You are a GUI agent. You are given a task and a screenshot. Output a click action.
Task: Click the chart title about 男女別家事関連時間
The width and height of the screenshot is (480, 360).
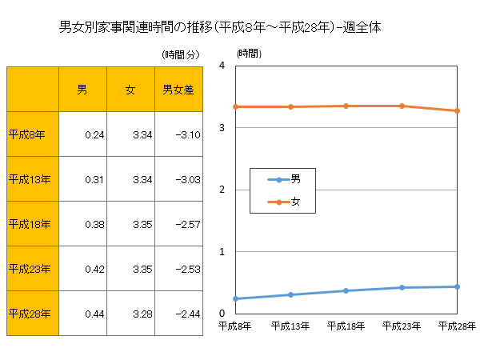(x=219, y=27)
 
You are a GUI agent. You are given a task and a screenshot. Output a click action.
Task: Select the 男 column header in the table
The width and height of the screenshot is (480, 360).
(x=82, y=89)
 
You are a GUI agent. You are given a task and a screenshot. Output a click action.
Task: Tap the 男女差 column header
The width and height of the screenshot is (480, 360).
(x=178, y=89)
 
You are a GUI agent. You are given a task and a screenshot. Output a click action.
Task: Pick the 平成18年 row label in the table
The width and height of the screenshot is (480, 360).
(x=30, y=224)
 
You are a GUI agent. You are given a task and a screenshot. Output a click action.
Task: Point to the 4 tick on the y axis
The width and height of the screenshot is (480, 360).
(x=226, y=66)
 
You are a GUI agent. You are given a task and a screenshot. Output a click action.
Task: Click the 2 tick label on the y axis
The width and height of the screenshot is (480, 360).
(x=226, y=190)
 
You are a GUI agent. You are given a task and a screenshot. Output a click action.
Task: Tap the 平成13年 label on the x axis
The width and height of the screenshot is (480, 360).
(x=290, y=326)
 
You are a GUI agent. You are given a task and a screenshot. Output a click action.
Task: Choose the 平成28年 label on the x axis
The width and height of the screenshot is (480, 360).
(x=458, y=326)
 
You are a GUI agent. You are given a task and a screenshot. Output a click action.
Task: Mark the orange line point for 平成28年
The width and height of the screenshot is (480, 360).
(x=458, y=110)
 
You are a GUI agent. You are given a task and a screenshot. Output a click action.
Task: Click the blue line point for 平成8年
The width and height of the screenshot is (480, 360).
(x=235, y=298)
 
